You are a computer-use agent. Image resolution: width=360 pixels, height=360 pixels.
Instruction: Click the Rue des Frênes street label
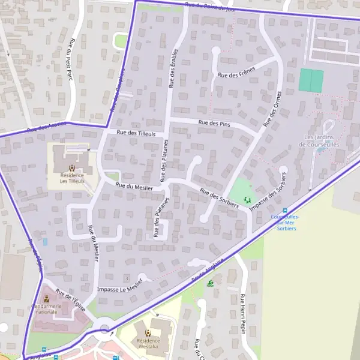pos(236,73)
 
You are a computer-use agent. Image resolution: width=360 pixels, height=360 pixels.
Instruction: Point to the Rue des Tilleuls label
pos(136,133)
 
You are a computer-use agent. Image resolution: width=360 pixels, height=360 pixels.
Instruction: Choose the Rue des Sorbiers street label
pos(220,199)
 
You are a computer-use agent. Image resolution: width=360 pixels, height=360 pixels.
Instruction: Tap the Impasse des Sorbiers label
pos(268,193)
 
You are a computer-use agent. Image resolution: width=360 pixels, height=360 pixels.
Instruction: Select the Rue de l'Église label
pos(71,300)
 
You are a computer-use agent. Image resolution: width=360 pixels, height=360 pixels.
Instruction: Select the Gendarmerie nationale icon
pos(47,298)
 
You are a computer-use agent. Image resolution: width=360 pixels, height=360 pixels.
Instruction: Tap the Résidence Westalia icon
pos(148,332)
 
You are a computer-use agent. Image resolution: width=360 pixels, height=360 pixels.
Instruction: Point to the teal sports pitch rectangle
pos(311,80)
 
